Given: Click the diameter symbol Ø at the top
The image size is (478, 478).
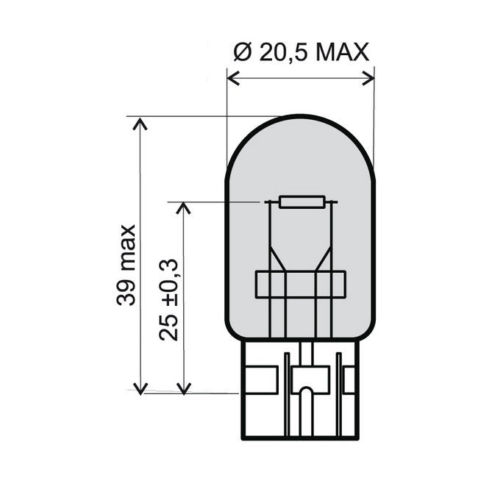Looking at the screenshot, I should coord(242,52).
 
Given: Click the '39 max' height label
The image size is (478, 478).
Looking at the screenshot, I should coord(126,264).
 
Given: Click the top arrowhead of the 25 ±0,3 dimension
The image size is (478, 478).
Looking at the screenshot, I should coord(184,207).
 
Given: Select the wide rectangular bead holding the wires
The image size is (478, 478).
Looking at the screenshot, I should coord(300,285).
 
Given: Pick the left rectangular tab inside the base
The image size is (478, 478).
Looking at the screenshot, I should coord(264,378).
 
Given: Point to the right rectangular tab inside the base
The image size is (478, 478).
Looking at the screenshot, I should coord(350,378).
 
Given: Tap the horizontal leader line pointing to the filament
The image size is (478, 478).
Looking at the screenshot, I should coord(213,201).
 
